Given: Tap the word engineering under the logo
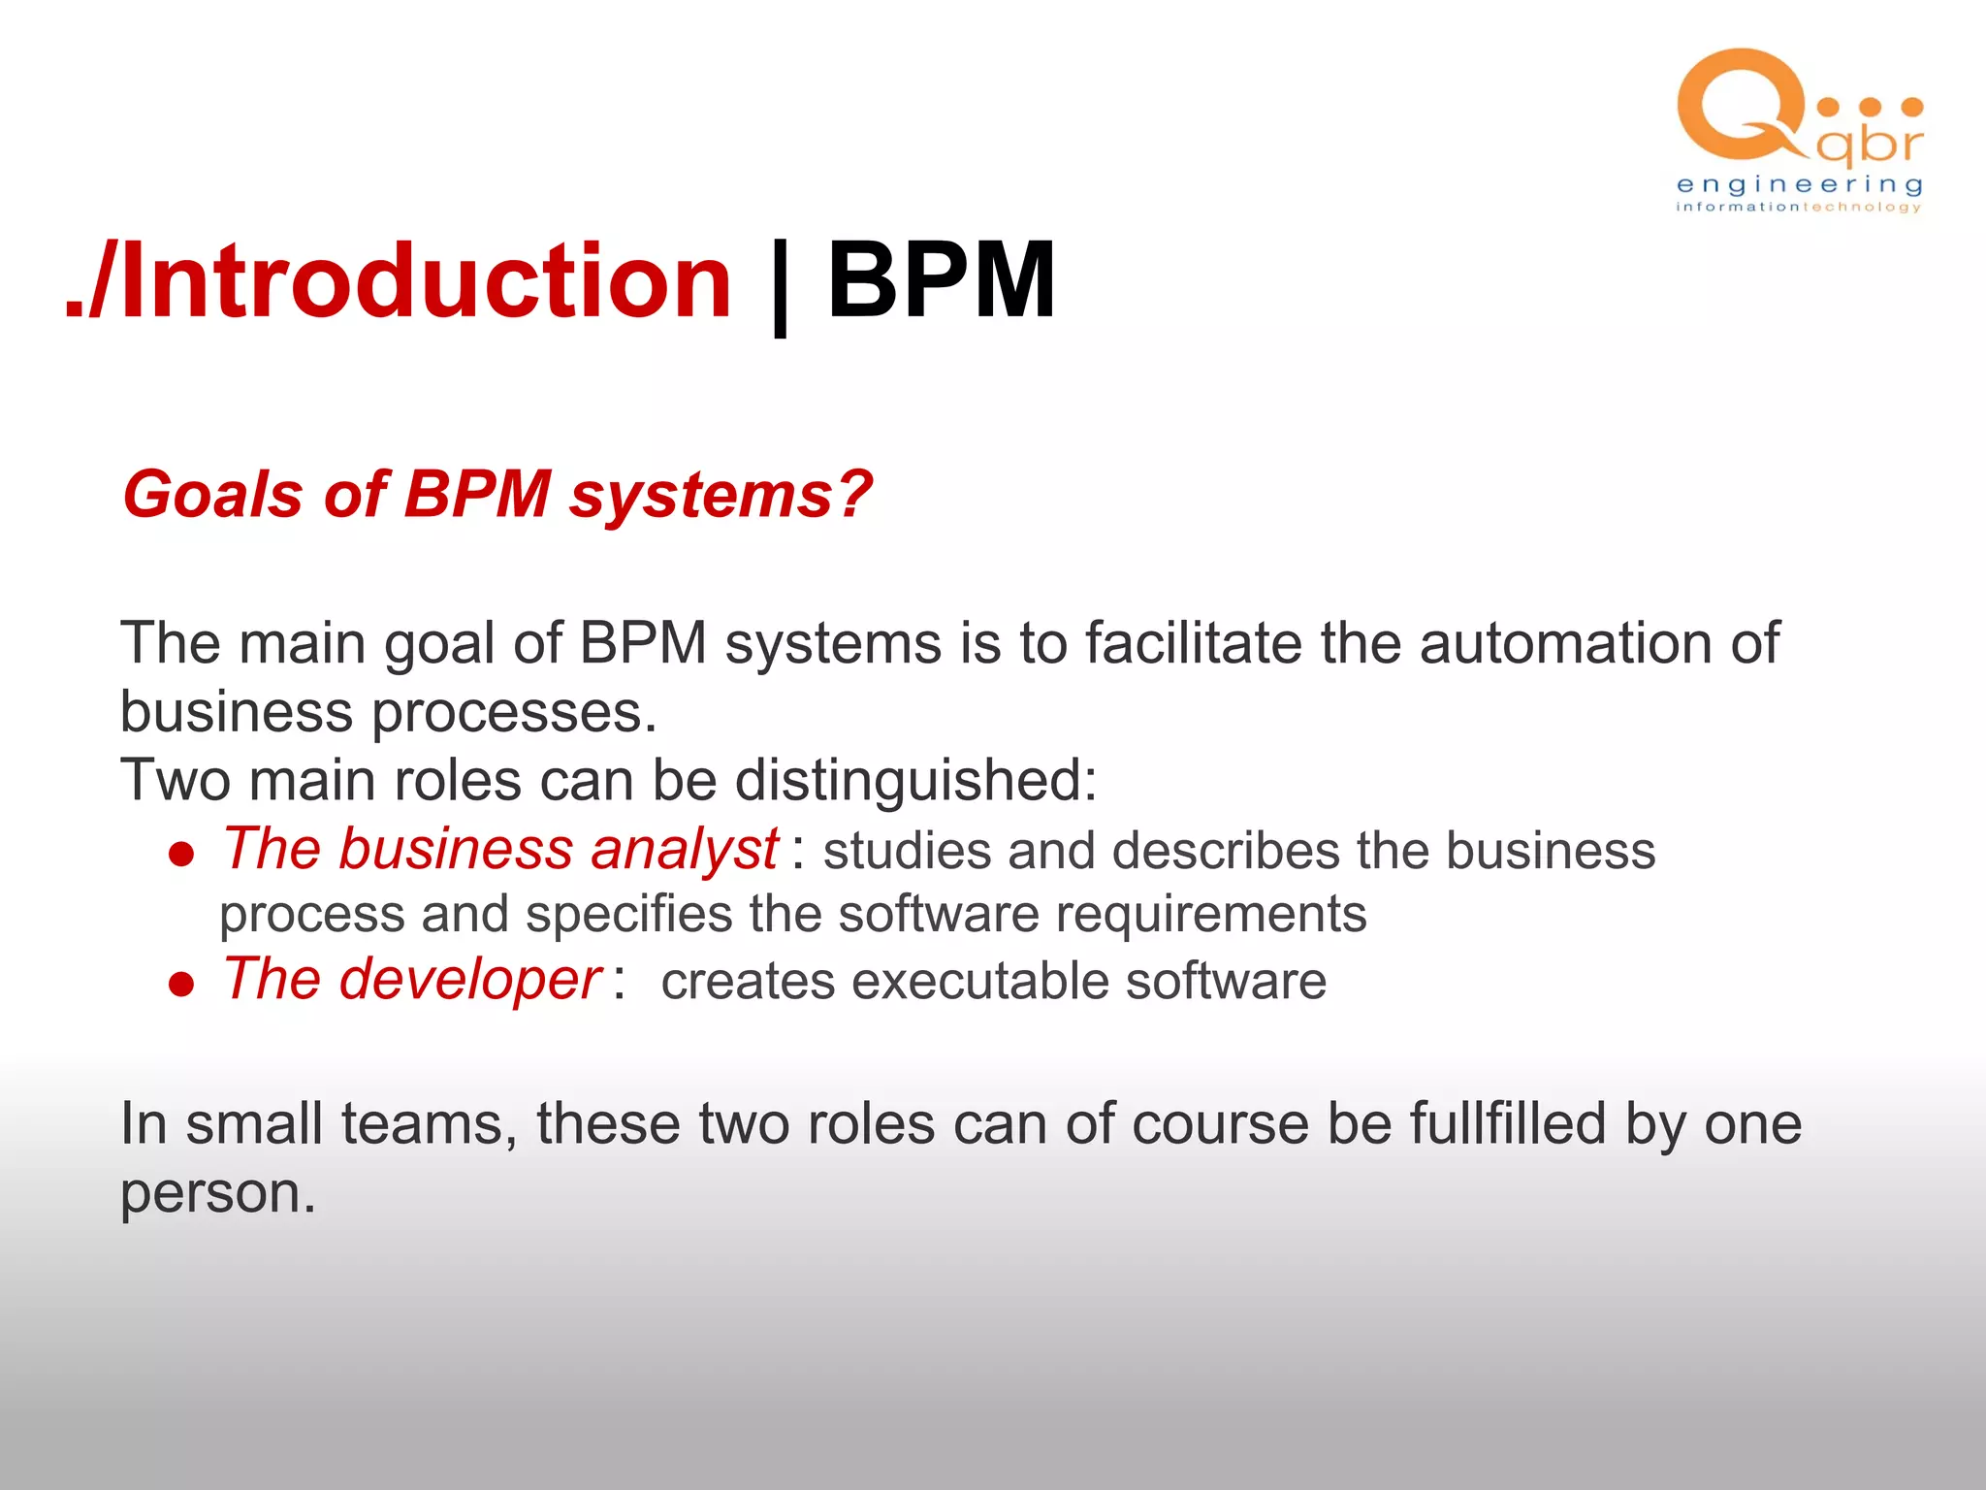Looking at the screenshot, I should pos(1799,184).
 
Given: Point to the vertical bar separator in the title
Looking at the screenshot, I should pos(779,286).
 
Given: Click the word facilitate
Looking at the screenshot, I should pos(1193,643).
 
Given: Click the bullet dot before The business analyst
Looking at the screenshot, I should pos(181,854).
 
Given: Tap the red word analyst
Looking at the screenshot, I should pos(684,851).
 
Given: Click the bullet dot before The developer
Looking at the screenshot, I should pos(181,985).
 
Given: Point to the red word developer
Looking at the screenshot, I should pos(470,980).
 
